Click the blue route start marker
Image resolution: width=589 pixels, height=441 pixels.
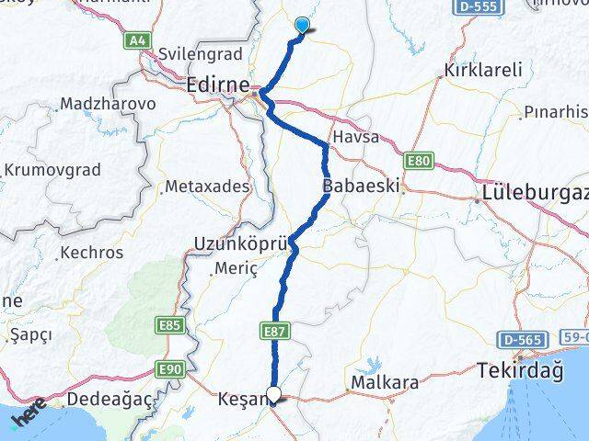click(302, 26)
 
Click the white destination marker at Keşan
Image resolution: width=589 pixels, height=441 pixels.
click(273, 396)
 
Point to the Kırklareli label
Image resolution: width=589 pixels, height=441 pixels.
click(482, 70)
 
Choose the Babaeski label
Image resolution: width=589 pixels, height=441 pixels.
click(360, 186)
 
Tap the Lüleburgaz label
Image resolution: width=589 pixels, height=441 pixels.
click(535, 196)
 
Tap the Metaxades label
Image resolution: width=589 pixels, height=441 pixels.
click(207, 187)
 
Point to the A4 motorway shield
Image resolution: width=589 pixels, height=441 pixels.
click(138, 40)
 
